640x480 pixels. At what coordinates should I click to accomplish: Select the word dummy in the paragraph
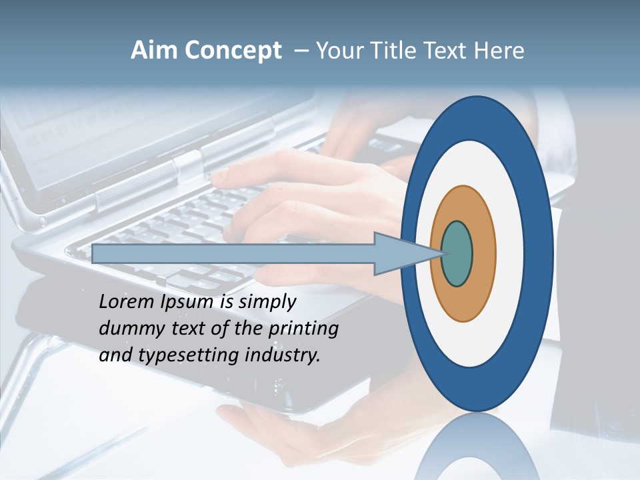pyautogui.click(x=126, y=329)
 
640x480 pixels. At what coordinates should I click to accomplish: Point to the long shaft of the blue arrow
pyautogui.click(x=233, y=254)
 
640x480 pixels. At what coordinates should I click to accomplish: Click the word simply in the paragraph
pyautogui.click(x=267, y=302)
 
